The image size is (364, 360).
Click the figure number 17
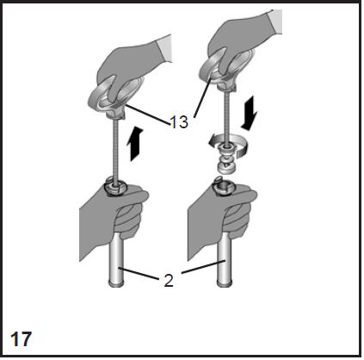coord(21,338)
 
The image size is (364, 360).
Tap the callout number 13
coord(179,122)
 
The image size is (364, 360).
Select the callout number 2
coord(169,281)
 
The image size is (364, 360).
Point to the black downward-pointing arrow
coord(250,113)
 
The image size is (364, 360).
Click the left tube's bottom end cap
coord(117,284)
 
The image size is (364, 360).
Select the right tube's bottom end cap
coord(224,284)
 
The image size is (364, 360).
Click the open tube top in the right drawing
coord(224,188)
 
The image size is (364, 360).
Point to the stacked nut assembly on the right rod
coord(226,158)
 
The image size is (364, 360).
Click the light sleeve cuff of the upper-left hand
coord(164,49)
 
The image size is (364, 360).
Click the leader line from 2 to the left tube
coord(139,273)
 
